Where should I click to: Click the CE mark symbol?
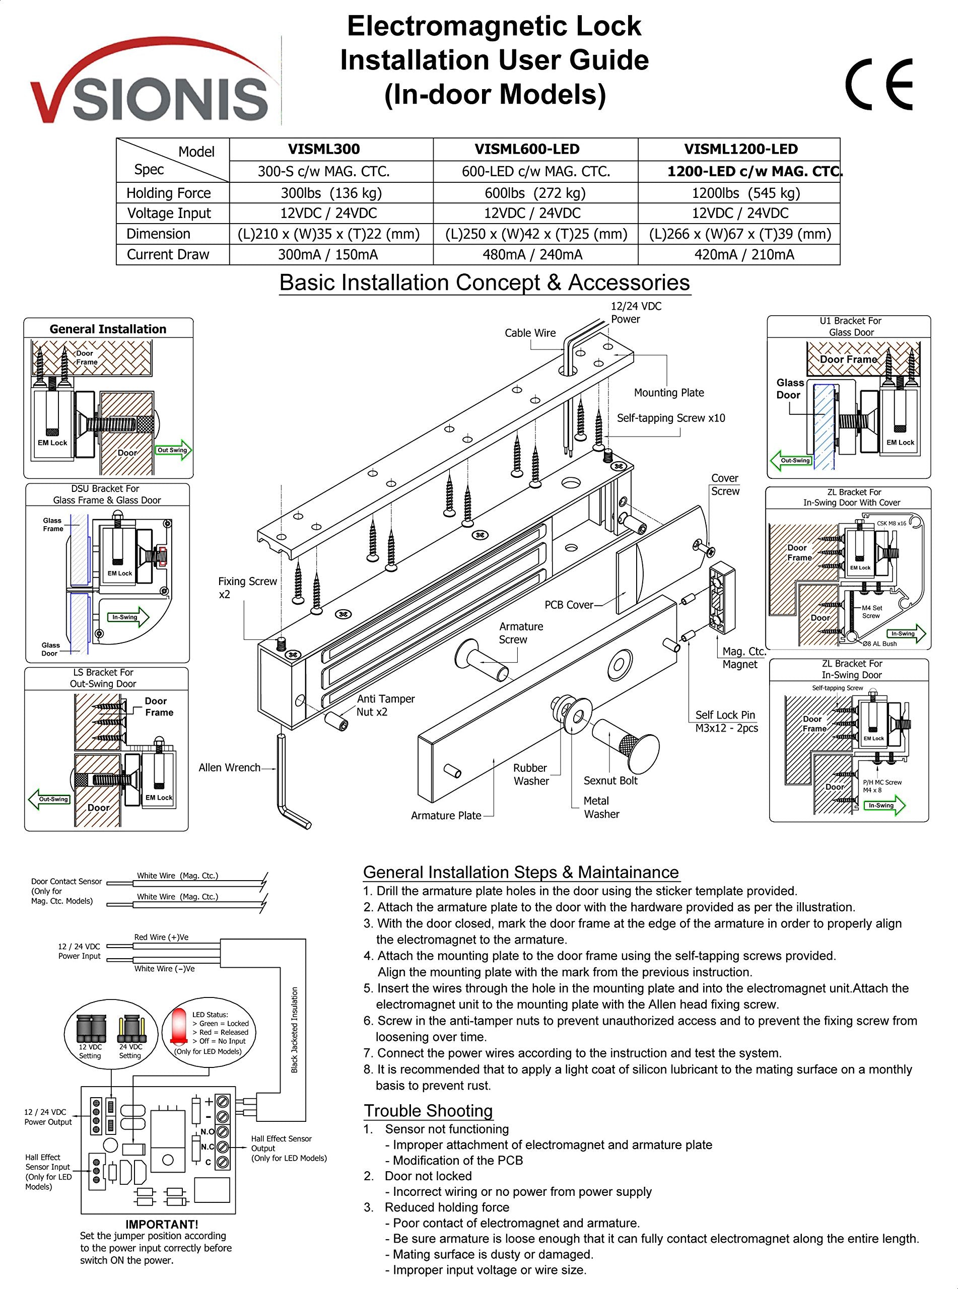click(878, 85)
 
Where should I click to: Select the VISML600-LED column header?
click(526, 149)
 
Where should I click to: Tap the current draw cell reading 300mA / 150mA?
click(328, 254)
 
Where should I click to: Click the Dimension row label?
click(158, 234)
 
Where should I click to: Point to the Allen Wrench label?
click(229, 767)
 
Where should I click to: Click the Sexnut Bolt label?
click(610, 781)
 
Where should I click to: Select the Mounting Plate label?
click(668, 392)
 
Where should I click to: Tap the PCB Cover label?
click(568, 605)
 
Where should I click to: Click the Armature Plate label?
click(446, 816)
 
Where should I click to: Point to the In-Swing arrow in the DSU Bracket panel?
click(128, 617)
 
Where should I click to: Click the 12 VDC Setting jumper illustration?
click(91, 1029)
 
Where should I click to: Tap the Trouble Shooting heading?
click(428, 1110)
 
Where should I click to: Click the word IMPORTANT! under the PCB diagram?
click(162, 1224)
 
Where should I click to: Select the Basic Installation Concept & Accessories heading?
click(484, 282)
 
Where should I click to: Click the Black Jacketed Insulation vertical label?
click(295, 1030)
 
